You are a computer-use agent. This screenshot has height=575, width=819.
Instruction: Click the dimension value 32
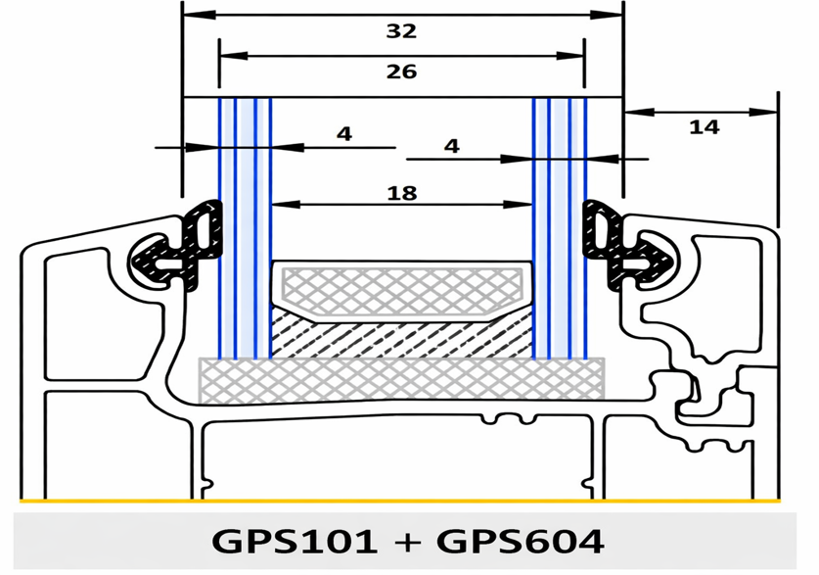click(x=401, y=31)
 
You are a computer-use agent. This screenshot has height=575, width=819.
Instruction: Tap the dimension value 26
click(x=401, y=72)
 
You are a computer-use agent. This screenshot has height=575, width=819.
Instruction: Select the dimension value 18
click(x=401, y=193)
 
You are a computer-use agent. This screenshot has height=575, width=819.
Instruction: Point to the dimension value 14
click(x=705, y=127)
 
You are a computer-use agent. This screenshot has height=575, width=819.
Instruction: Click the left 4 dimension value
click(x=344, y=134)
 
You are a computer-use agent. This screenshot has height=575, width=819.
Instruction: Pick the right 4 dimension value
click(x=452, y=146)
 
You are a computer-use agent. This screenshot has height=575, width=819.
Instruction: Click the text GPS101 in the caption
click(x=295, y=542)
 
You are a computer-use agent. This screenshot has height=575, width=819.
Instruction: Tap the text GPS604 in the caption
click(x=521, y=542)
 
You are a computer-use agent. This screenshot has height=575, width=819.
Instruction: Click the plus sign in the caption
click(x=407, y=542)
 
